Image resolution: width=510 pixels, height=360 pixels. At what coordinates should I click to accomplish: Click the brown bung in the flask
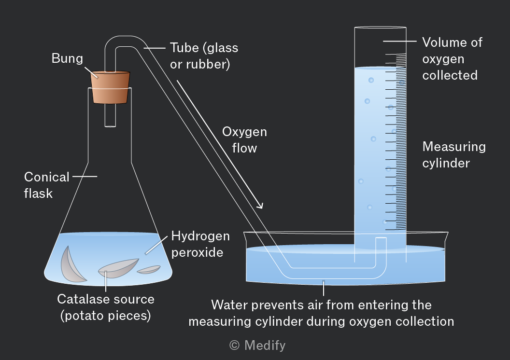(x=110, y=87)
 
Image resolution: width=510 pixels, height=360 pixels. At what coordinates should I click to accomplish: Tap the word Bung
(x=67, y=59)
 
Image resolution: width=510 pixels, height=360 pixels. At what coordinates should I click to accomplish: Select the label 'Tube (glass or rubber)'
(x=204, y=56)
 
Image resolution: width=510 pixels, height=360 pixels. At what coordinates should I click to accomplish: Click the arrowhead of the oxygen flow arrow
(x=259, y=205)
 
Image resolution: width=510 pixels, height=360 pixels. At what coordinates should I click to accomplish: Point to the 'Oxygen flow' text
(x=244, y=140)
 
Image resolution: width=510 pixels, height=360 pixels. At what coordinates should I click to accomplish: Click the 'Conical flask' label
(x=46, y=185)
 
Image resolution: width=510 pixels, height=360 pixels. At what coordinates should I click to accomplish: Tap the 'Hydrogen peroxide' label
(x=200, y=244)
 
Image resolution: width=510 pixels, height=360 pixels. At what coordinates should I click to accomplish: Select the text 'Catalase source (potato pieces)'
(x=106, y=307)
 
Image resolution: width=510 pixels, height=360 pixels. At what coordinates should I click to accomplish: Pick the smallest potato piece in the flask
(x=149, y=269)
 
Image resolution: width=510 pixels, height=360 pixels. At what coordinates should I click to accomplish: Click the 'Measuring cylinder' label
(x=454, y=154)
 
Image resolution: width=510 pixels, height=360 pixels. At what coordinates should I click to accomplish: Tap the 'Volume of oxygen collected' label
(x=452, y=59)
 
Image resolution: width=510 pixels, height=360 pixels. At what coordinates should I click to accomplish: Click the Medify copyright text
(x=257, y=345)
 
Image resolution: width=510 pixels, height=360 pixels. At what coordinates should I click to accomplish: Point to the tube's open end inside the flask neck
(x=110, y=125)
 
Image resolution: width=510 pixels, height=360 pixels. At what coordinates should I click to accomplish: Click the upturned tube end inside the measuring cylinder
(x=381, y=239)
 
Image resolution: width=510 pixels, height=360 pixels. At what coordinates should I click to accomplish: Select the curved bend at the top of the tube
(x=126, y=42)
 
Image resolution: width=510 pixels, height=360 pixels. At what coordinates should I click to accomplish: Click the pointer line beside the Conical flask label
(x=85, y=177)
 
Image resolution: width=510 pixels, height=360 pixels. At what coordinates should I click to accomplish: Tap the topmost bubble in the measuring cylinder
(x=371, y=80)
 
